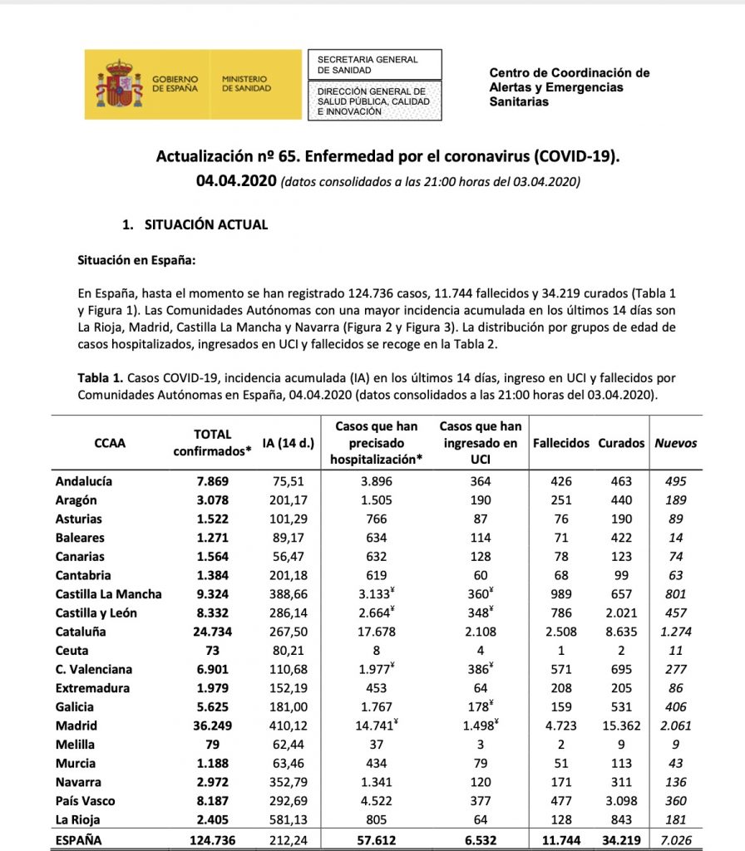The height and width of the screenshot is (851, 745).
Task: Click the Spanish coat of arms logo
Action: (x=117, y=84)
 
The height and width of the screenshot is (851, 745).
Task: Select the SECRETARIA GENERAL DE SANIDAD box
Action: (x=374, y=65)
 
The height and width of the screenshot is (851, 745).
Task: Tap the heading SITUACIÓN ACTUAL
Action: (x=206, y=224)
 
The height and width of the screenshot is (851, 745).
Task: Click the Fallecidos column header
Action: (x=561, y=443)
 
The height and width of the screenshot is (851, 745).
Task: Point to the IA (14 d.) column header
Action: (x=288, y=443)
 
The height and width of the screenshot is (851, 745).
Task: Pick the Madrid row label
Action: (x=76, y=725)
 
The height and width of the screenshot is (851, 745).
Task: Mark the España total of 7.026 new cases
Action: (x=674, y=840)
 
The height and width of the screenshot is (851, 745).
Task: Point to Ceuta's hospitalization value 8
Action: (x=379, y=650)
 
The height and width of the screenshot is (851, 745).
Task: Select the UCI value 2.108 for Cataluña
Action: (x=481, y=631)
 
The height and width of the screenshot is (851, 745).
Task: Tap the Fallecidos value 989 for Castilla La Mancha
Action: (x=561, y=593)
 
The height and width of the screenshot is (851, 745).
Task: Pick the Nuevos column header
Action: (x=675, y=443)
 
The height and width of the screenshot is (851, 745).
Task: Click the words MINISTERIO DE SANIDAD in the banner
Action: (x=246, y=83)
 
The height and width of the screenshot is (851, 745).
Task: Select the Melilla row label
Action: (x=75, y=744)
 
